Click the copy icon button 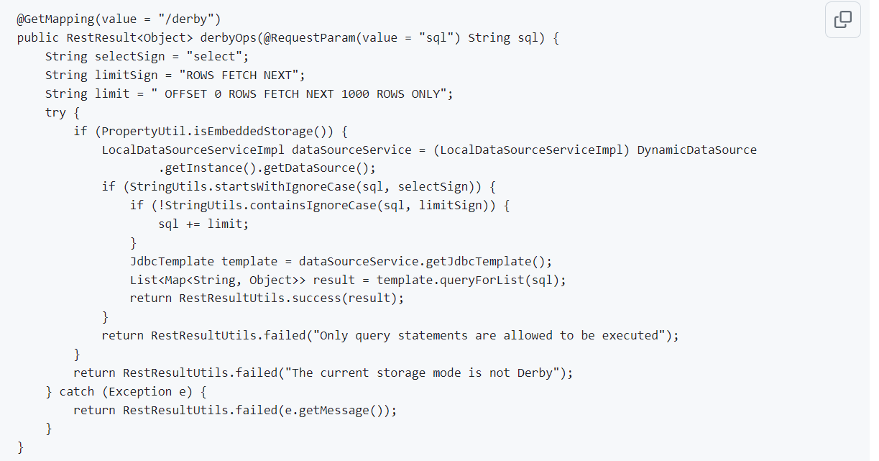tap(843, 19)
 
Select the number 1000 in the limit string tap(355, 94)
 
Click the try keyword tap(55, 113)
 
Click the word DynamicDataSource tap(696, 150)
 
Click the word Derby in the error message tap(535, 373)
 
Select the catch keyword tap(77, 391)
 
